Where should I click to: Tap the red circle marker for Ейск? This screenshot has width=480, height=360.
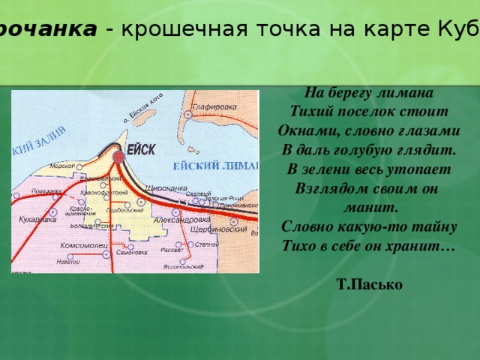tap(119, 157)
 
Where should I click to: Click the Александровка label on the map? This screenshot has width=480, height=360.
tap(181, 220)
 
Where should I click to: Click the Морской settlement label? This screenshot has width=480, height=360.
tap(61, 166)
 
